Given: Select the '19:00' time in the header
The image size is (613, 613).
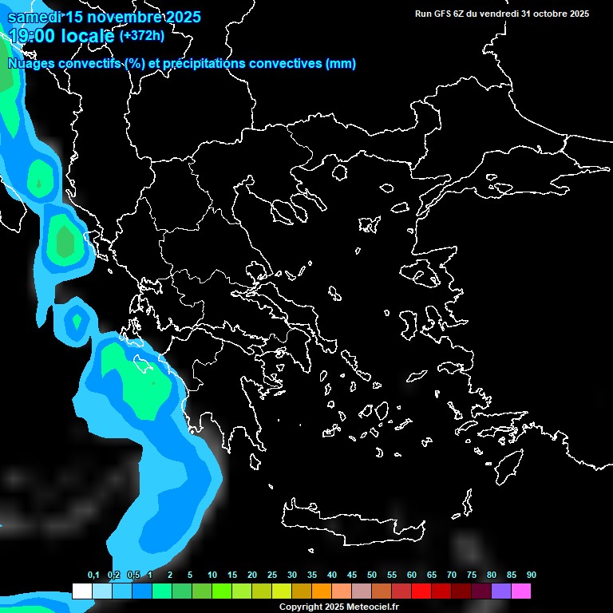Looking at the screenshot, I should click(33, 36).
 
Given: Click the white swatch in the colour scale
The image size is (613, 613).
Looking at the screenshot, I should click(81, 591).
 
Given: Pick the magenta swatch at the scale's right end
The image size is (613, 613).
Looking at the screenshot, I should click(521, 591).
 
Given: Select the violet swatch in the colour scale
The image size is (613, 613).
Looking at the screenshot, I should click(500, 591).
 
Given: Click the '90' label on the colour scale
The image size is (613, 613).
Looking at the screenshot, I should click(532, 575).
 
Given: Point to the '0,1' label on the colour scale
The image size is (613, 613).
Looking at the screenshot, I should click(93, 575).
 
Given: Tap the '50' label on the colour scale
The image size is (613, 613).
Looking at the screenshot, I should click(372, 575).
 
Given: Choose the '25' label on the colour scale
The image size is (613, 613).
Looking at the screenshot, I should click(272, 575).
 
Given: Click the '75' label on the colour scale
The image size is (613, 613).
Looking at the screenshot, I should click(472, 575).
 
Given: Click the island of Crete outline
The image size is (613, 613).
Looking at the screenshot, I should click(351, 523).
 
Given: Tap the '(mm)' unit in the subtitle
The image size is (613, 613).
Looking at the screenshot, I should click(341, 64).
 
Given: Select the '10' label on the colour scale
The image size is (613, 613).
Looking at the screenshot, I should click(212, 575).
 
